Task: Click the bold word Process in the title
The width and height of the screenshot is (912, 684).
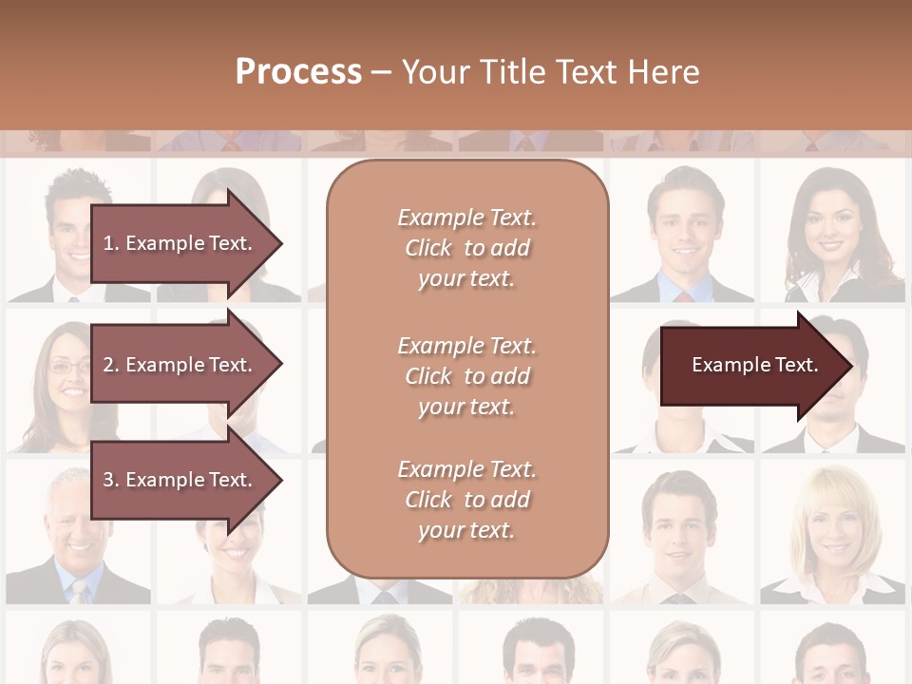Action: [298, 72]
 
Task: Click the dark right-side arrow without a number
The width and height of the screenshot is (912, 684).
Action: [755, 365]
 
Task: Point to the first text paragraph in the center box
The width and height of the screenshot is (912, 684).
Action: [466, 248]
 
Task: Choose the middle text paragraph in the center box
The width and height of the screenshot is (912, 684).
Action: [466, 375]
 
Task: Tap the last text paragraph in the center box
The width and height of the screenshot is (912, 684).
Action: [466, 500]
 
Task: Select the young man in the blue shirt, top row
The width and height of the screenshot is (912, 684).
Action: [681, 228]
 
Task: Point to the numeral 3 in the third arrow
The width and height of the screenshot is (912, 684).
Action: [107, 480]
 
